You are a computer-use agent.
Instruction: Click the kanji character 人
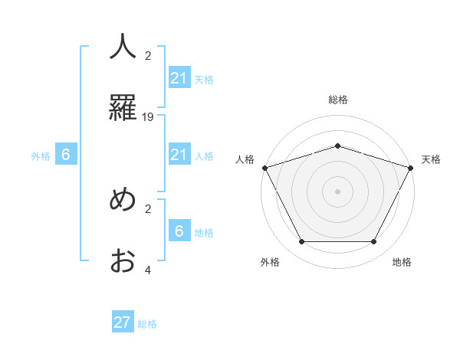(x=123, y=47)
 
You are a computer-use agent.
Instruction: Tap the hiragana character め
(x=123, y=199)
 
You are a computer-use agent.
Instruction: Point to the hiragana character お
(x=123, y=260)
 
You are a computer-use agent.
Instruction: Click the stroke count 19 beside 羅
(x=148, y=117)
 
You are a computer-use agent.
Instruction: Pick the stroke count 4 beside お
(x=148, y=270)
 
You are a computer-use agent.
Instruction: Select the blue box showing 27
(x=123, y=322)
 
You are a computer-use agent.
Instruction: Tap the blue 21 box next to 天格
(x=179, y=78)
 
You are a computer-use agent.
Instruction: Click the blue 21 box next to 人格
(x=179, y=155)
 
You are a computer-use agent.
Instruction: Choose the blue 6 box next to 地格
(x=179, y=231)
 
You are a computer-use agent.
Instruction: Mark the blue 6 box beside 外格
(x=66, y=155)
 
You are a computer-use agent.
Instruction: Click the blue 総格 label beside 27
(x=147, y=323)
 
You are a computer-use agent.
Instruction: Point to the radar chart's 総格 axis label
(x=337, y=100)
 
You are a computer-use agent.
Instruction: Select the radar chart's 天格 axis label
(x=431, y=159)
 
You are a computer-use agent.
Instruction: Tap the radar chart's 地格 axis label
(x=402, y=262)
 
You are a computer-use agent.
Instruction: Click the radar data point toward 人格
(x=264, y=168)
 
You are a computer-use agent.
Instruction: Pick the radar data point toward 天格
(x=411, y=168)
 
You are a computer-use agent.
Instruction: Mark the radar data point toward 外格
(x=301, y=242)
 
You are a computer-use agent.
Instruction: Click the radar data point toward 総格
(x=337, y=146)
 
